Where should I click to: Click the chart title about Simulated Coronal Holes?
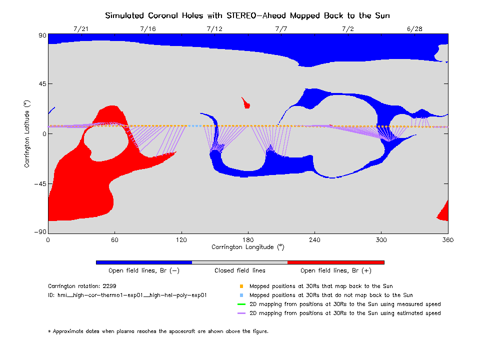[x=247, y=15]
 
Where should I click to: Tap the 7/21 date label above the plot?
[x=80, y=29]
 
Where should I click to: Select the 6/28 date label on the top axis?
[x=414, y=29]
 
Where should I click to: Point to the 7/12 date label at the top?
[x=214, y=29]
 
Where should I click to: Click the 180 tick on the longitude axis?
[x=248, y=239]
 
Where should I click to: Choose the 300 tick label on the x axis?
[x=381, y=239]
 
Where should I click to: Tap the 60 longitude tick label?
[x=114, y=239]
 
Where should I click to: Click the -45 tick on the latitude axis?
[x=38, y=183]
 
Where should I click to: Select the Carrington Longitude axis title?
[x=248, y=247]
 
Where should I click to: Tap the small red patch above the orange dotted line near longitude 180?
[x=245, y=103]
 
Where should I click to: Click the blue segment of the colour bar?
[x=144, y=262]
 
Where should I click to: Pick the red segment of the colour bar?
[x=335, y=262]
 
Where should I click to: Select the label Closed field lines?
[x=240, y=270]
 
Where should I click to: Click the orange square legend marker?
[x=241, y=286]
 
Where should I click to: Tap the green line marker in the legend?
[x=241, y=304]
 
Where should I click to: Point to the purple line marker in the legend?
[x=241, y=313]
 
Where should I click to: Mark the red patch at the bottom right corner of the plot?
[x=443, y=212]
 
